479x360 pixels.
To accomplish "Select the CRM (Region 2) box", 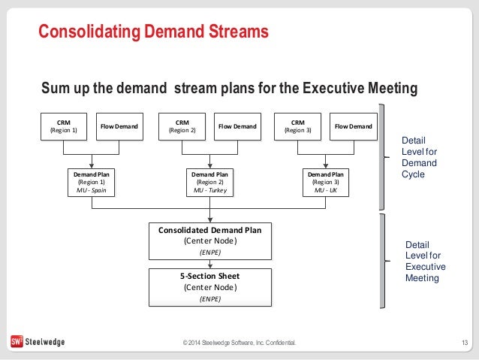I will tap(182, 126).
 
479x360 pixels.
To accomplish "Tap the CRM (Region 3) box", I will tap(298, 126).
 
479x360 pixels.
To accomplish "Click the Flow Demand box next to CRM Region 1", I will tap(119, 127).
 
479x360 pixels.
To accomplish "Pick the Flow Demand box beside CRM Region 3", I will tap(353, 127).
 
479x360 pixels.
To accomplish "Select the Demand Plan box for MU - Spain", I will tap(92, 182).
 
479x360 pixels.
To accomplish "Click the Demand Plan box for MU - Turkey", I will tap(209, 182).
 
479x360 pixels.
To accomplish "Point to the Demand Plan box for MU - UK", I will tap(327, 182).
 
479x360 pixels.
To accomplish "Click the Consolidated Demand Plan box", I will tap(209, 241).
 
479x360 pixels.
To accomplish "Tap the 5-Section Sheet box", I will tap(209, 286).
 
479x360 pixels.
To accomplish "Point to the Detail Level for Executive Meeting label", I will tap(425, 261).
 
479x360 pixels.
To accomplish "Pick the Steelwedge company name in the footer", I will tap(47, 343).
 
